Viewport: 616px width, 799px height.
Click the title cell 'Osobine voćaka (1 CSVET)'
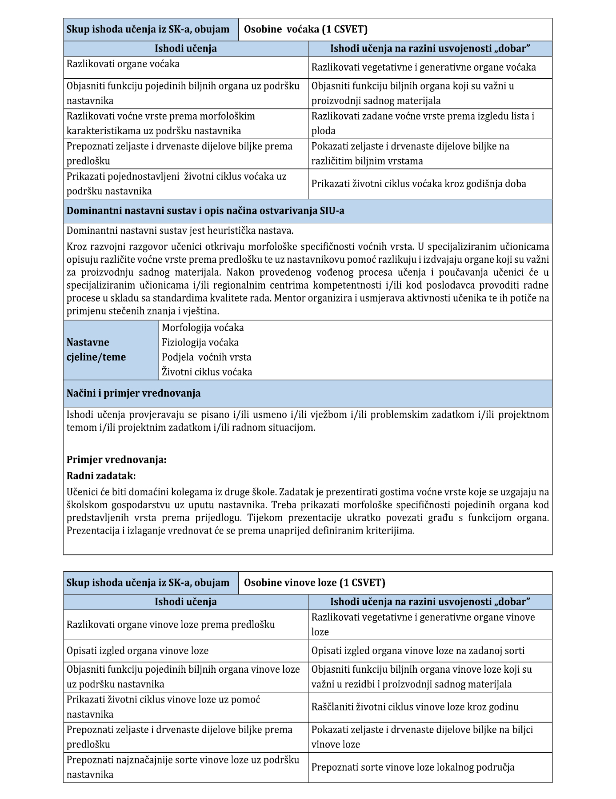pos(306,30)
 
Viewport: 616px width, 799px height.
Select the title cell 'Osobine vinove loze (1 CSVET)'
pos(314,583)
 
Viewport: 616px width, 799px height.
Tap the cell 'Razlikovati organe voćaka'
pos(123,64)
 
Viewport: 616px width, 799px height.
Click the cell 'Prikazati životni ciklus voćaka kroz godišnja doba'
pos(419,184)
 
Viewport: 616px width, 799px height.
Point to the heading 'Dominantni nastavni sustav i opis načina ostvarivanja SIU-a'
pos(205,211)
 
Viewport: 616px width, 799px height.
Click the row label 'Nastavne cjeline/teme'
pos(96,350)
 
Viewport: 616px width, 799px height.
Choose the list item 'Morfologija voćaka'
pos(203,328)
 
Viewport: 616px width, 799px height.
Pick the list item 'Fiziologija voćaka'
pos(200,343)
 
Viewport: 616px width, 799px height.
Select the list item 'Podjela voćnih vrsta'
pos(206,357)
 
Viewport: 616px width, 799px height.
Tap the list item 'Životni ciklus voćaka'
pos(207,372)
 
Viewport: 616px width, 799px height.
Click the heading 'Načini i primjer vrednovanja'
pos(133,393)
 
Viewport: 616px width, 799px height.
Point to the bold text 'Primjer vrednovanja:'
pos(116,460)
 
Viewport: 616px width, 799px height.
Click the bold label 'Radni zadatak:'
pos(101,476)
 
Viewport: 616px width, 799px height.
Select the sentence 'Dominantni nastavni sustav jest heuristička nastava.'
pos(180,231)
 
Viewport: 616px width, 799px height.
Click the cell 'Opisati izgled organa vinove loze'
pos(137,651)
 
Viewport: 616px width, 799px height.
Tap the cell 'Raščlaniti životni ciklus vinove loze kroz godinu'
pos(415,707)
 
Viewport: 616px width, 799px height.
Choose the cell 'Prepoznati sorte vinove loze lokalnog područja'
pos(413,767)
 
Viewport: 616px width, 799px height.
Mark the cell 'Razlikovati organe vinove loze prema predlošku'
pos(171,625)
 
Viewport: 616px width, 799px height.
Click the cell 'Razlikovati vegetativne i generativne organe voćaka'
pos(424,68)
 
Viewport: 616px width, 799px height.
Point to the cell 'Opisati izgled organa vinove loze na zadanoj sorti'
pos(418,651)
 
